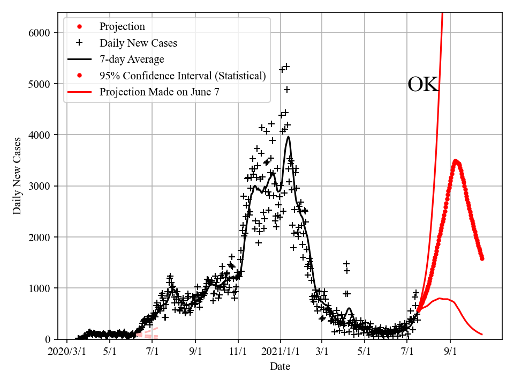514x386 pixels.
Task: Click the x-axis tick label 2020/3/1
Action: (66, 352)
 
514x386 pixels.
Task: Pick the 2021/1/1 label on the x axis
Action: (280, 352)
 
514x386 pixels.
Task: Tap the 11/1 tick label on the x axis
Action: (238, 352)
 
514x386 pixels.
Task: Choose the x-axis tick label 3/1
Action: (322, 352)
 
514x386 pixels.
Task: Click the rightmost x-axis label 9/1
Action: (450, 352)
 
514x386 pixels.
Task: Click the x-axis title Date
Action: (280, 367)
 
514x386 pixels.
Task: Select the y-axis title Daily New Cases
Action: (18, 176)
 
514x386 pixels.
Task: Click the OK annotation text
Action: (423, 85)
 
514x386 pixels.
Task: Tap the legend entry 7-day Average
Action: (132, 59)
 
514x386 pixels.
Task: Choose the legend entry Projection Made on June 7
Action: (159, 92)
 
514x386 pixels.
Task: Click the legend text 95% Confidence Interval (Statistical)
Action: (182, 76)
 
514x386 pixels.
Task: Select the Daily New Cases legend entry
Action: (138, 43)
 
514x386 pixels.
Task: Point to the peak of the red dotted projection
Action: (455, 161)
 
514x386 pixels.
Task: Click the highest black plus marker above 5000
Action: (286, 66)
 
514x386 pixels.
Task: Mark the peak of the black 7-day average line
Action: (289, 137)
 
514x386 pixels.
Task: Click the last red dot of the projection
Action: (482, 258)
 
